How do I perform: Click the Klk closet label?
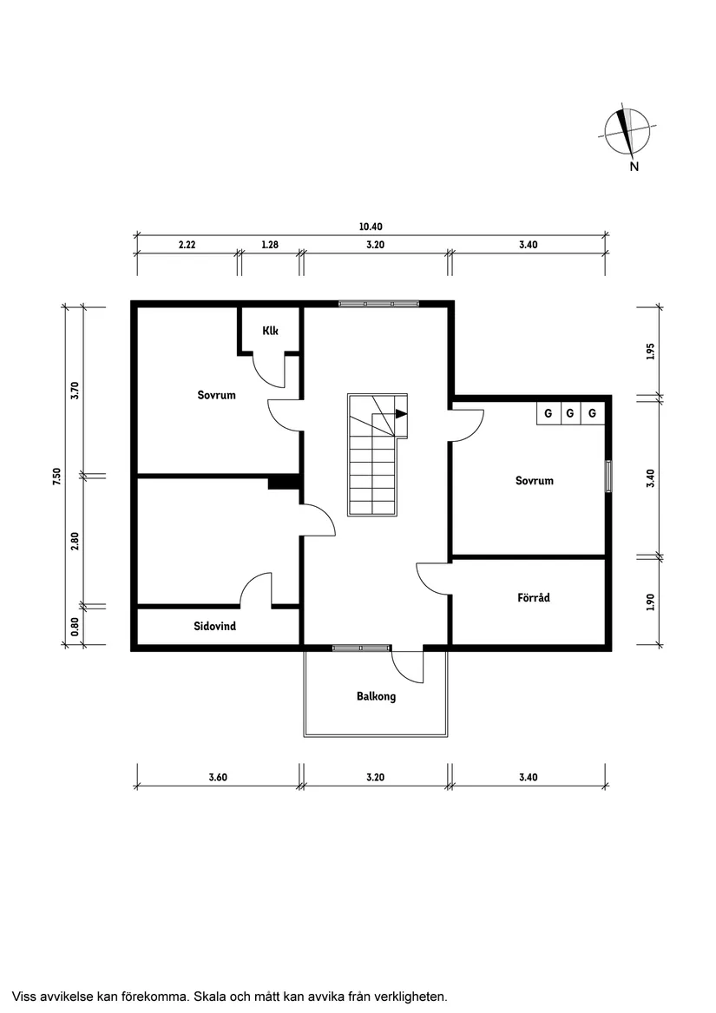tap(270, 331)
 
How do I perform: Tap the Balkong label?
tap(376, 696)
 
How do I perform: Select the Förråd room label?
tap(534, 598)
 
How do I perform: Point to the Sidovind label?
tap(215, 626)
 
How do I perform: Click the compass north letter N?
tap(634, 167)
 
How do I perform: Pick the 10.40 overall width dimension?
tap(371, 227)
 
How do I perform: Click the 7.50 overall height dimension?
tap(56, 476)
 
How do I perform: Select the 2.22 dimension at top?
tap(187, 245)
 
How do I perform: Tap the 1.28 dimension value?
tap(270, 245)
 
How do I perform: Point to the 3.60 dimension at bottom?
tap(218, 778)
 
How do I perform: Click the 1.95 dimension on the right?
tap(651, 352)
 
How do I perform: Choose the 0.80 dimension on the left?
tap(76, 624)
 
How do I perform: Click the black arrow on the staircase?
tap(400, 414)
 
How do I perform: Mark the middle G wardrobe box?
tap(570, 413)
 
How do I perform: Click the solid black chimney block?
tap(283, 482)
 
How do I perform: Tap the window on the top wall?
tap(378, 303)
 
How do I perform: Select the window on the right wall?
tap(608, 477)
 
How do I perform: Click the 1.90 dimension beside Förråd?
tap(651, 602)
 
